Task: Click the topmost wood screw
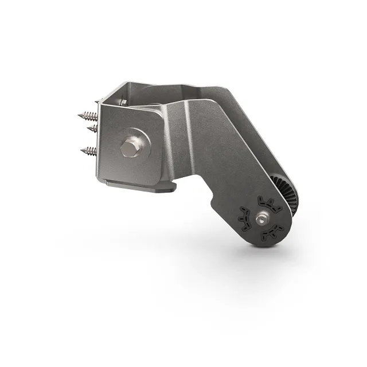(88, 115)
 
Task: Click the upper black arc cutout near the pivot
(267, 202)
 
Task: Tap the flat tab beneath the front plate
(138, 186)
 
